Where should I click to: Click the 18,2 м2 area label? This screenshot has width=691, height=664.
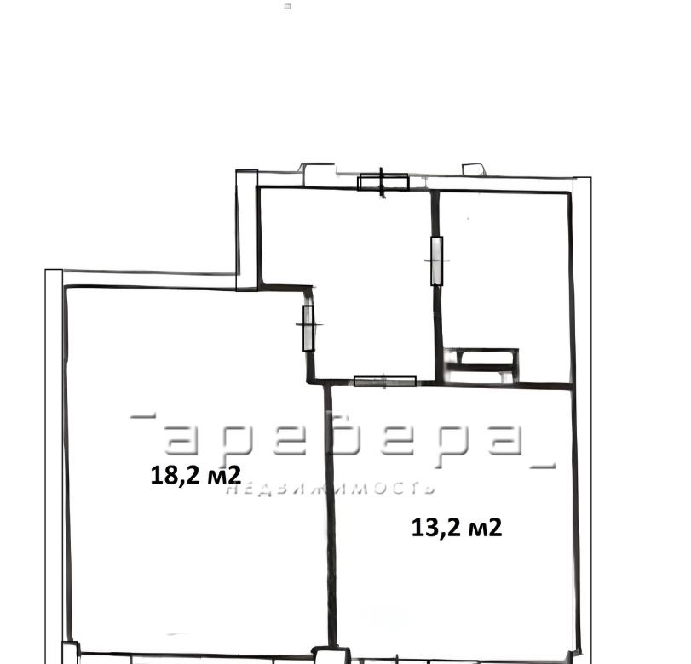196,475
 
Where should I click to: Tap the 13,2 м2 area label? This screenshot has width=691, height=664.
457,528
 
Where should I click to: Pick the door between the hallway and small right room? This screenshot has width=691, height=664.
437,260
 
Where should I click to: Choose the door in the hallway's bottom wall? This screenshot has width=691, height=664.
385,381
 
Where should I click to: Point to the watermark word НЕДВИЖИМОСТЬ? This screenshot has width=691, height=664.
331,489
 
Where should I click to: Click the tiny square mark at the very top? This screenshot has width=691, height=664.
287,6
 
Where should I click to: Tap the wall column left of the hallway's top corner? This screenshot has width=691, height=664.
247,231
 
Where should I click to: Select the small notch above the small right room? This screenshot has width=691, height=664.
473,170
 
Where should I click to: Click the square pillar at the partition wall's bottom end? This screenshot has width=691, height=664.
331,656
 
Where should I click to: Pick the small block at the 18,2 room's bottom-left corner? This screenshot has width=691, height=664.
71,653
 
